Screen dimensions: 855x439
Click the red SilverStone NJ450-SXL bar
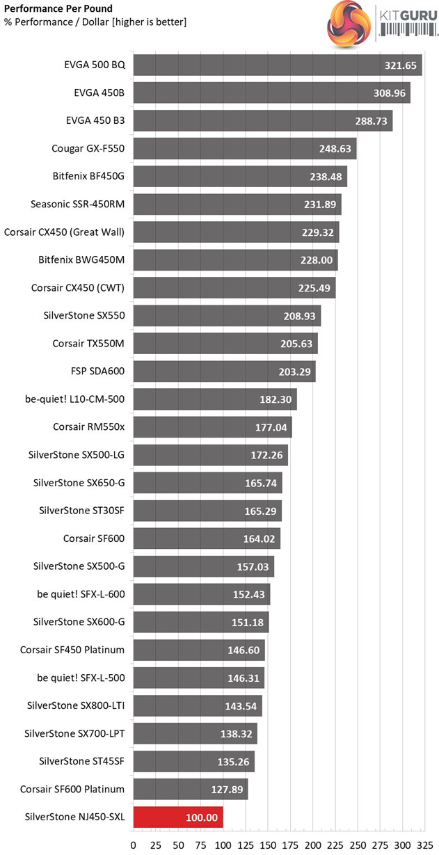(x=177, y=817)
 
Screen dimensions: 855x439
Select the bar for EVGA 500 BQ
(x=277, y=65)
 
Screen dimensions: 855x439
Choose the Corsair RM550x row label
(x=88, y=427)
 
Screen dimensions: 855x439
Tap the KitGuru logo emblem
(x=349, y=23)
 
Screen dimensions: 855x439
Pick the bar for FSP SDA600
(x=224, y=371)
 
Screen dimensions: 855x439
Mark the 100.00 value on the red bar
(x=202, y=817)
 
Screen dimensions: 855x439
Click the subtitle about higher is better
(x=95, y=22)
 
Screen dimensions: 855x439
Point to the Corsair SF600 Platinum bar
(x=190, y=789)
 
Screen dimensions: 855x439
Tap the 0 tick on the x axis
(x=133, y=845)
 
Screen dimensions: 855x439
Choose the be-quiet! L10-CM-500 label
(x=74, y=399)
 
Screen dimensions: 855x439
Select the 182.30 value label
(x=272, y=399)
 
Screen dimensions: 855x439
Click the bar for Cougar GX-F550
(x=244, y=149)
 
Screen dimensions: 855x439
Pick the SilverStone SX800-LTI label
(x=74, y=705)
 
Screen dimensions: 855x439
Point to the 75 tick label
(x=200, y=845)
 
